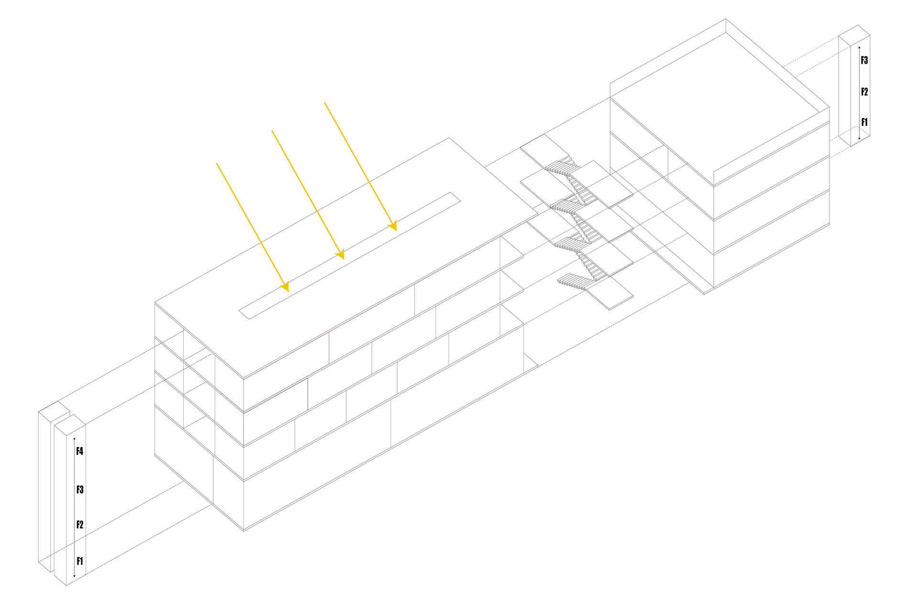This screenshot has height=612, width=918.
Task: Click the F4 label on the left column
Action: coord(80,451)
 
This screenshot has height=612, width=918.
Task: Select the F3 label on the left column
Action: coord(80,490)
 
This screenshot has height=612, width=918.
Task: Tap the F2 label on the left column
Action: coord(80,525)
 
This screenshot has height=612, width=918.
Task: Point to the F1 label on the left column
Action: coord(80,561)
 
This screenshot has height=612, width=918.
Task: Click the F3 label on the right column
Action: coord(864,61)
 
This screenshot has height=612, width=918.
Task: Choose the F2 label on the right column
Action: coord(864,92)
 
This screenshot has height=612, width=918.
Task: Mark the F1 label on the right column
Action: coord(864,122)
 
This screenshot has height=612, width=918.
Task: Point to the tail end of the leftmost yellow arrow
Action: coord(217,163)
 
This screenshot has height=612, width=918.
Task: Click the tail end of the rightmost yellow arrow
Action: coord(325,102)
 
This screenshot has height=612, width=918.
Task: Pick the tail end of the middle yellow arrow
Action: coord(272,130)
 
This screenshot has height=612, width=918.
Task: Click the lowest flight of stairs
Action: coord(574,281)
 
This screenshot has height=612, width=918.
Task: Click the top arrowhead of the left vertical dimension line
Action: coord(74,438)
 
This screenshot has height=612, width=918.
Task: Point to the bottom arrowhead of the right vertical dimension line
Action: coord(859,139)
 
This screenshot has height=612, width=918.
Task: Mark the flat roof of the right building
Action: coord(720,103)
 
